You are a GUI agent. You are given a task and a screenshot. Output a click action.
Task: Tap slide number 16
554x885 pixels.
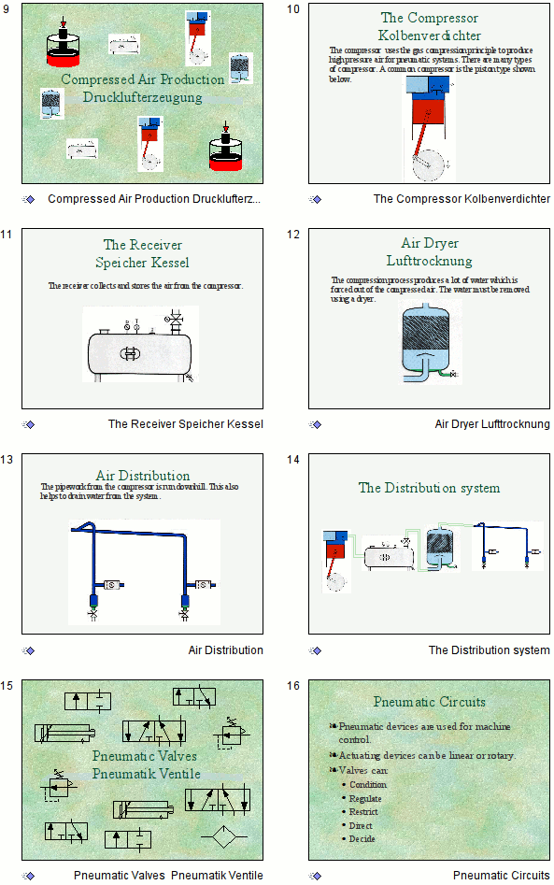tap(292, 686)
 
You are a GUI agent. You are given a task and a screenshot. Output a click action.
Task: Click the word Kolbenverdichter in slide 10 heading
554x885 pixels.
tap(430, 36)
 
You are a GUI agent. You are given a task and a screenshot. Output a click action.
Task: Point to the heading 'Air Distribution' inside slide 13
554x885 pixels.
tap(143, 476)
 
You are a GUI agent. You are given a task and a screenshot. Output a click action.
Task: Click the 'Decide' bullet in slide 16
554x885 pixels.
tap(362, 839)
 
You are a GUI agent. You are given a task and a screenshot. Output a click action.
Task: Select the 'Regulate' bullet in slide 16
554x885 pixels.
tap(365, 798)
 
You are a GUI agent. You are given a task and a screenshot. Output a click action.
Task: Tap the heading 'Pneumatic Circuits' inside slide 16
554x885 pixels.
tap(429, 702)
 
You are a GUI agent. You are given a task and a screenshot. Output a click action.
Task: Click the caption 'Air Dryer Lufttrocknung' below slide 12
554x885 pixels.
tap(492, 424)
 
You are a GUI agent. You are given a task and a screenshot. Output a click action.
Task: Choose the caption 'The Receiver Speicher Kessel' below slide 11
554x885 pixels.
tap(185, 424)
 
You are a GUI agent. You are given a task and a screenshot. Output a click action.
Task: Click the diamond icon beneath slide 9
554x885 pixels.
tap(29, 199)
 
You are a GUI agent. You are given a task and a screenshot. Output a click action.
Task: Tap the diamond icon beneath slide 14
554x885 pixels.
tap(316, 650)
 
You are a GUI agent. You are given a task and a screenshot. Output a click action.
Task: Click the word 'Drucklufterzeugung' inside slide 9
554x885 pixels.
tap(142, 97)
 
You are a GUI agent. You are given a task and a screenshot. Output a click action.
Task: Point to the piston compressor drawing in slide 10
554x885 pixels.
tap(429, 126)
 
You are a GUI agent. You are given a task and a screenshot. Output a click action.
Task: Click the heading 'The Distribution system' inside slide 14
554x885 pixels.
tap(429, 488)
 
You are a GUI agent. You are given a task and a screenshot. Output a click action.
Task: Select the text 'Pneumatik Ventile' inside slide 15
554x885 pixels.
tap(146, 774)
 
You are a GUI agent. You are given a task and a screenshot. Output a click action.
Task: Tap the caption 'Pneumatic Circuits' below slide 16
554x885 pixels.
tap(501, 876)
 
